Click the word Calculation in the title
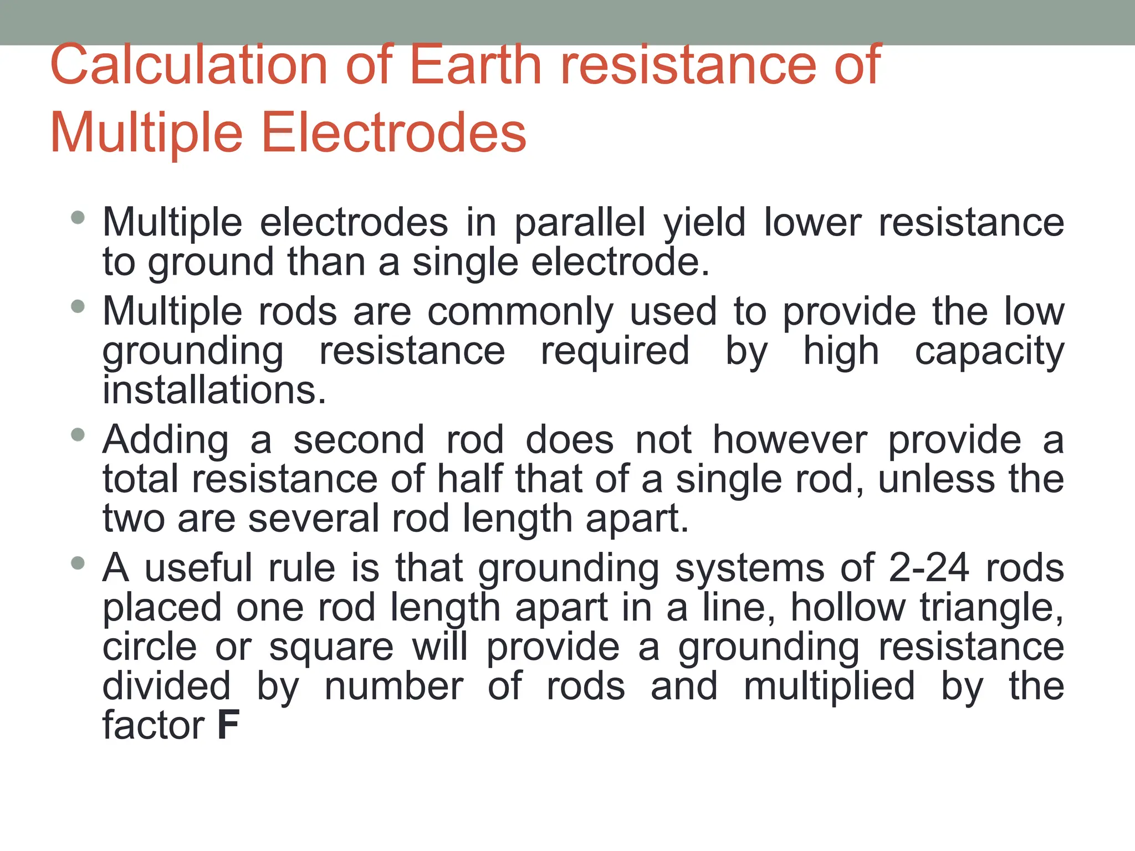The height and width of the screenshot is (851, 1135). (189, 65)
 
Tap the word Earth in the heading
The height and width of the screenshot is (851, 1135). (475, 65)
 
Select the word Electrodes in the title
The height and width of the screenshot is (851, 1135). (393, 133)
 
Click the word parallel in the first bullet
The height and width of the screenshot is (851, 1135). (580, 223)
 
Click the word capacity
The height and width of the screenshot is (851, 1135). (989, 351)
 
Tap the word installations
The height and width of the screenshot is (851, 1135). (214, 391)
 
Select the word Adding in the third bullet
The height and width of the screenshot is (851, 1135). (166, 440)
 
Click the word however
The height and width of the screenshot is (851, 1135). (790, 440)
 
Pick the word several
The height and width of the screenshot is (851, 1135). (313, 519)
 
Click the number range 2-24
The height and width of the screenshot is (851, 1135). (929, 568)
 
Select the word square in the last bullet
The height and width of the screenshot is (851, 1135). (331, 648)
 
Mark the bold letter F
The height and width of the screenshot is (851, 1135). (228, 726)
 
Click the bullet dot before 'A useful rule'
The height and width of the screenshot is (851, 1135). (78, 564)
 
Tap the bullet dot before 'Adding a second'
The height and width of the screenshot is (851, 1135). (78, 435)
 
